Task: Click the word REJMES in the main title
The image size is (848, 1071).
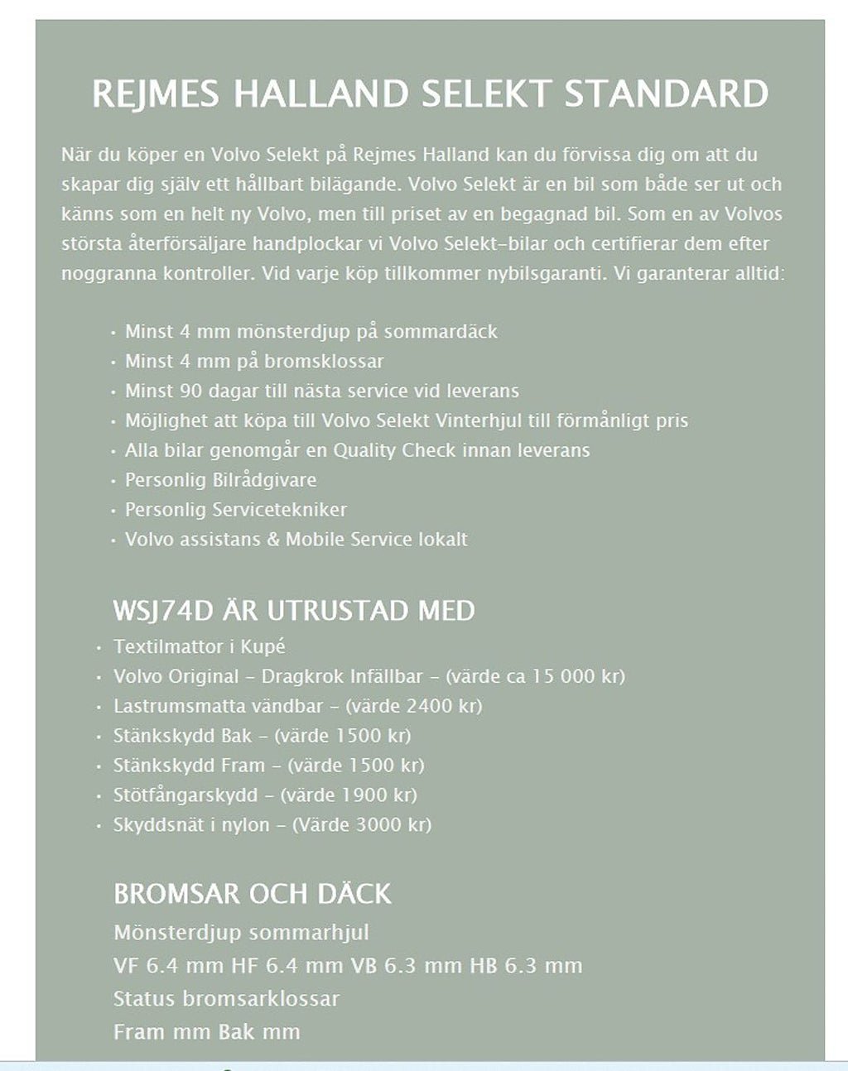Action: [155, 94]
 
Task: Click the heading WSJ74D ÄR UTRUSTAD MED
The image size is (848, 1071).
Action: [294, 611]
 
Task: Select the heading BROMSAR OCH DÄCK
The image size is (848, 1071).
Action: [253, 894]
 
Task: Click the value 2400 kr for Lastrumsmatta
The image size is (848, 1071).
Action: [438, 706]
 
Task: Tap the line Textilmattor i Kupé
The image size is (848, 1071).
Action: [200, 646]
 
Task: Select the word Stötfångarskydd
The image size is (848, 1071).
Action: [185, 795]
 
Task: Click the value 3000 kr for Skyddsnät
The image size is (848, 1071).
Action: [390, 825]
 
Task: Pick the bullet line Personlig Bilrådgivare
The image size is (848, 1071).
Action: [220, 480]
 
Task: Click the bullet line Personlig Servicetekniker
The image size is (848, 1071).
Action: [236, 510]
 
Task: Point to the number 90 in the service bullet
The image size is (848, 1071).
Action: [190, 391]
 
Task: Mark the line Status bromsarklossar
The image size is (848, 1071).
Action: [226, 998]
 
